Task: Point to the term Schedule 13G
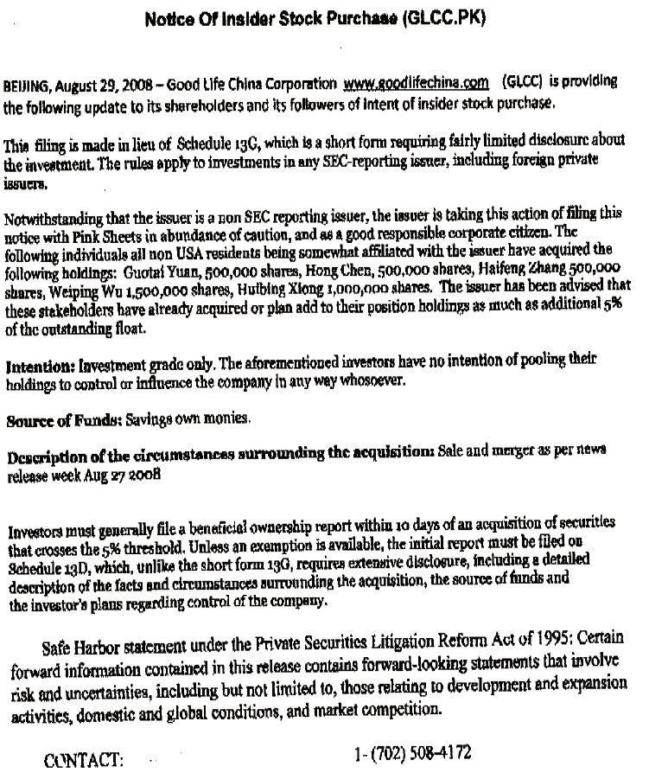point(216,141)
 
